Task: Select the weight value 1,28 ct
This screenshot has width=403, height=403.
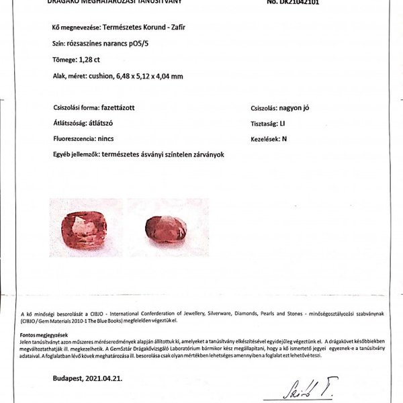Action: (x=94, y=60)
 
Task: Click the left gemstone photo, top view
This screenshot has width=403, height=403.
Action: (x=85, y=227)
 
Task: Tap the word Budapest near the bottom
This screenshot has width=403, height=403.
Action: (x=69, y=379)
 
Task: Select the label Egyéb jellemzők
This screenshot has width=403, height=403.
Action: (x=75, y=154)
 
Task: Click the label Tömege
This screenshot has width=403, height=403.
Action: (x=64, y=60)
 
